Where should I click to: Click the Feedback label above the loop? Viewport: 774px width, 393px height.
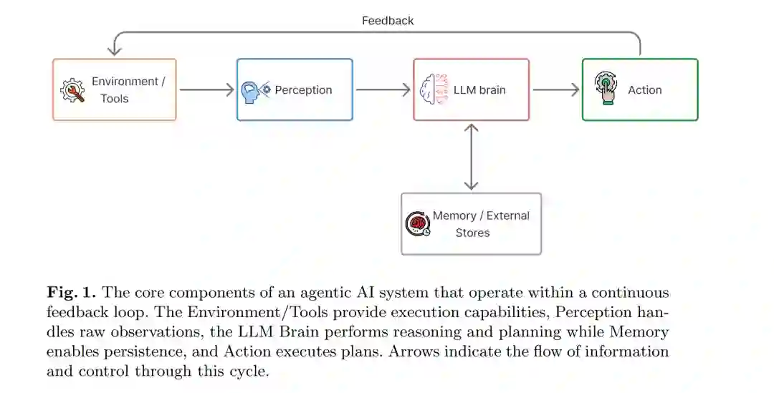[388, 21]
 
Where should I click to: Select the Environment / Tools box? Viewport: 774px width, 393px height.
[114, 89]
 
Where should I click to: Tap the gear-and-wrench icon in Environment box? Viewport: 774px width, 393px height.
[72, 91]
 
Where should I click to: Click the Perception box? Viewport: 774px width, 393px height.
[295, 89]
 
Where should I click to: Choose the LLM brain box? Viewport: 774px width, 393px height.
[471, 89]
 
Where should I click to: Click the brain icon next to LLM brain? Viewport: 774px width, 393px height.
[434, 90]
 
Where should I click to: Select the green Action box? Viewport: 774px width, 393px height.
[639, 89]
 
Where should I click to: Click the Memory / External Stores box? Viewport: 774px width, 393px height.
[471, 223]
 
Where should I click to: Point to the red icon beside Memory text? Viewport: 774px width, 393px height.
[417, 224]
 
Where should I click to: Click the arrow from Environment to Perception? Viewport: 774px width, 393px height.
[206, 89]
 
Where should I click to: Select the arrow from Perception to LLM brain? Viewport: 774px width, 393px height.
[383, 89]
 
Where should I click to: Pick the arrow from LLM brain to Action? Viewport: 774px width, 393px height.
[555, 89]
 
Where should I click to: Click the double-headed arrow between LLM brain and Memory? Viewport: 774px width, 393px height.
[471, 157]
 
